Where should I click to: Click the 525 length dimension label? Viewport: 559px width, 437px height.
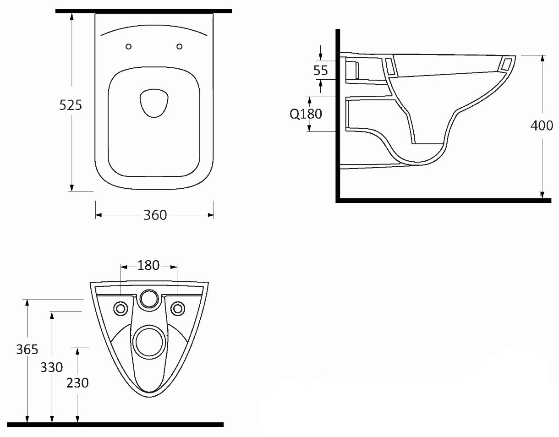[71, 105]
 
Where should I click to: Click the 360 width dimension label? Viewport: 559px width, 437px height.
[155, 215]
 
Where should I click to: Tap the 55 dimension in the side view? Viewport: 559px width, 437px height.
[321, 70]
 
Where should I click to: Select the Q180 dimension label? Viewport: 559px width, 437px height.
[306, 114]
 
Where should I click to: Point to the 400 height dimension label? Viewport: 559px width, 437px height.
[542, 126]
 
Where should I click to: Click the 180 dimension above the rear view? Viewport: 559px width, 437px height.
[148, 265]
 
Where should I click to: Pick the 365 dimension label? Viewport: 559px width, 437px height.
[27, 350]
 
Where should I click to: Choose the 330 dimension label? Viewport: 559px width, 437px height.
[51, 367]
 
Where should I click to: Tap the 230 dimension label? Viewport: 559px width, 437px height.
[77, 383]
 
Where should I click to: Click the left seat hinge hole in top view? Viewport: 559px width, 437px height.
[129, 47]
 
